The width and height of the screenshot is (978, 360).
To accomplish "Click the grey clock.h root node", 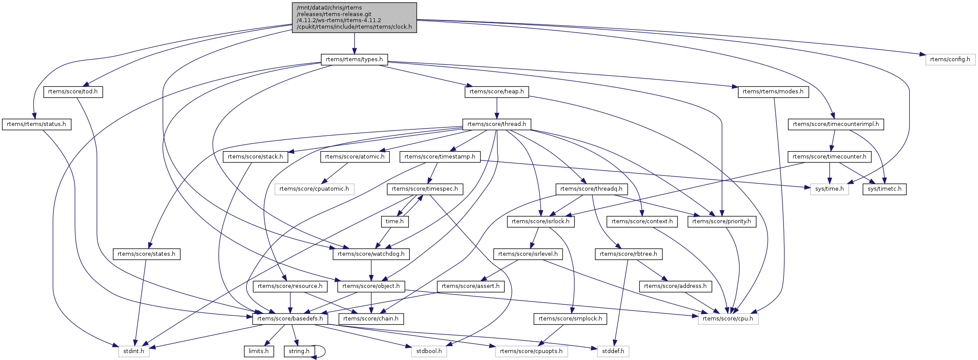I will click(354, 17).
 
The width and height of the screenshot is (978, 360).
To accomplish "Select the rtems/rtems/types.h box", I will click(354, 59).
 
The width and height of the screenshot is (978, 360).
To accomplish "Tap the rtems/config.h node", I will click(950, 59).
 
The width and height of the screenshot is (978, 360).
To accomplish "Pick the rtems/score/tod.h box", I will click(73, 92).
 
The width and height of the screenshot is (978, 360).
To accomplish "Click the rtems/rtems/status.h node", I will click(36, 124).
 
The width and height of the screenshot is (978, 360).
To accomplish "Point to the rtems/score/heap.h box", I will click(497, 92).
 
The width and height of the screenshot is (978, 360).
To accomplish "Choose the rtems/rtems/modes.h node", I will click(773, 92).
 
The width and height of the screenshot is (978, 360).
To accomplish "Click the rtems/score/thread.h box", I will click(497, 124).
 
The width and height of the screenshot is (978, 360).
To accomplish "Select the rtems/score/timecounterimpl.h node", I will click(836, 124).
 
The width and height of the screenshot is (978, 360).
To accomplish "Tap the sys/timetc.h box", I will click(884, 189).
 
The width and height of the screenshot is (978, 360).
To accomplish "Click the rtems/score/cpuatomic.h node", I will click(314, 189).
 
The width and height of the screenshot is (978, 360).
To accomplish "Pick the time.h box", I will click(395, 221).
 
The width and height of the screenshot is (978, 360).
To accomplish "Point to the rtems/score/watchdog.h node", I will click(371, 254).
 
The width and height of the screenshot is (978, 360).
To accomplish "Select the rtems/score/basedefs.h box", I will click(290, 319).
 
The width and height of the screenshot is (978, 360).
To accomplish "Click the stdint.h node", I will click(134, 351).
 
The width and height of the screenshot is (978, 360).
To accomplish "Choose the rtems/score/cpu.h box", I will click(728, 319).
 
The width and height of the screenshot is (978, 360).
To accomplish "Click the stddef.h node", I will click(612, 351).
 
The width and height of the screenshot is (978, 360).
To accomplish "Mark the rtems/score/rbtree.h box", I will click(628, 254).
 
